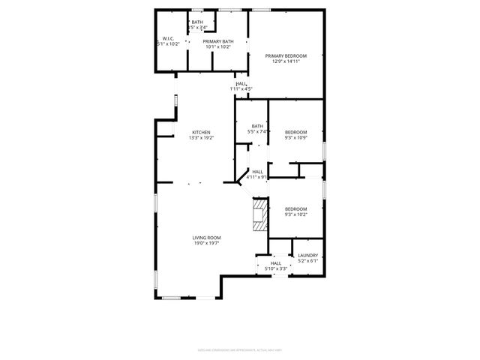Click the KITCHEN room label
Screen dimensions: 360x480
(x=201, y=132)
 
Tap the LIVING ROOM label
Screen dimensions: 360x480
(x=208, y=238)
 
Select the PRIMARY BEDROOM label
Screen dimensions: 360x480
(x=286, y=56)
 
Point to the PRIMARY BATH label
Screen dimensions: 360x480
(x=218, y=41)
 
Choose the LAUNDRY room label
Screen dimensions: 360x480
(x=308, y=255)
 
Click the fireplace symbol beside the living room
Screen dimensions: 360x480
(x=260, y=214)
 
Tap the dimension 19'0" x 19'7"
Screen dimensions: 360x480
(x=208, y=243)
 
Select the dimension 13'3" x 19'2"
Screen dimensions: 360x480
(x=201, y=138)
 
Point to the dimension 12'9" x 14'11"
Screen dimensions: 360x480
(x=286, y=61)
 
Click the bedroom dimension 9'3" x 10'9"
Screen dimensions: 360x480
(x=295, y=138)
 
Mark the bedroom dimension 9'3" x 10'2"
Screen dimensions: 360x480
(x=295, y=214)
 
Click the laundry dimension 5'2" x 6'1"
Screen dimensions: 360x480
(x=308, y=261)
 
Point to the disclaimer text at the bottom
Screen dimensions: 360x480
(x=239, y=349)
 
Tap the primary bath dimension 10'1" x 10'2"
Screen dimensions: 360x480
(x=218, y=46)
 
